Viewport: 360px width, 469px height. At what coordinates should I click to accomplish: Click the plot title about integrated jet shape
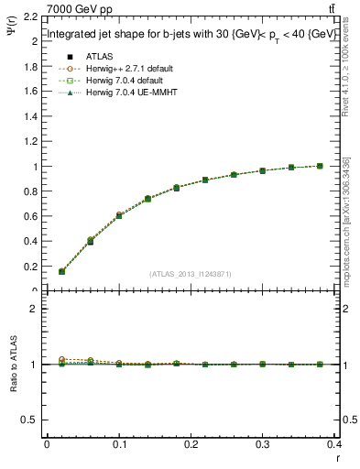click(x=186, y=36)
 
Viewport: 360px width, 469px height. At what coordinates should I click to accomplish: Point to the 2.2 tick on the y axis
click(x=32, y=16)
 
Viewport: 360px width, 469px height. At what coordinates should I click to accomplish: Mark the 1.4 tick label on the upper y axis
click(x=32, y=116)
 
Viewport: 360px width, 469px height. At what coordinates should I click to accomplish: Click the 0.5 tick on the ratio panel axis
click(x=32, y=420)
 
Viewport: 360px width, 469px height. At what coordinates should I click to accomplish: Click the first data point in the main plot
click(x=61, y=271)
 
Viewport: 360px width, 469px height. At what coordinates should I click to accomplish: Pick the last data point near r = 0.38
click(x=320, y=166)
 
